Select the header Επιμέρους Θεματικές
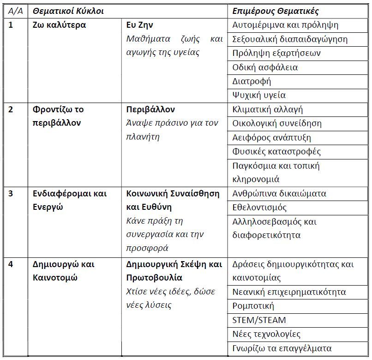(276, 11)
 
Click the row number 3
(11, 193)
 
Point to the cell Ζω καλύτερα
(60, 25)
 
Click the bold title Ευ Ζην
(140, 25)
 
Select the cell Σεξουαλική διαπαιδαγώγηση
(290, 39)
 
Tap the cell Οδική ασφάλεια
(265, 67)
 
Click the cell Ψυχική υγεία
(259, 95)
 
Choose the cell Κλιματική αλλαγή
(268, 110)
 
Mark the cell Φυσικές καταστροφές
(276, 152)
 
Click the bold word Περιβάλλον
(150, 110)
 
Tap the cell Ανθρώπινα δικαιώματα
(279, 193)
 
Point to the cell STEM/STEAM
(259, 320)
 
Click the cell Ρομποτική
(253, 306)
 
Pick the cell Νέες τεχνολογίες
(266, 334)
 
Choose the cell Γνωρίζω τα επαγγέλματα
(282, 348)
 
